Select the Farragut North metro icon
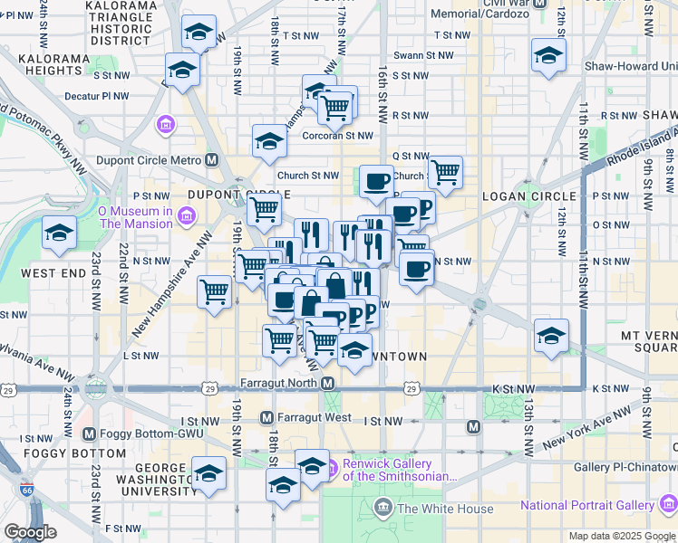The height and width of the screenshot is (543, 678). point(328,383)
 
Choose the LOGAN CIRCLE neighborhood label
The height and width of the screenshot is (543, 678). point(530,195)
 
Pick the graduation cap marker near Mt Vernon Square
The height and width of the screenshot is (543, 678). point(551,333)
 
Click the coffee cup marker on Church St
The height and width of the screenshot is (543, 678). point(376,180)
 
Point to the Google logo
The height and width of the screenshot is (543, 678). point(31,532)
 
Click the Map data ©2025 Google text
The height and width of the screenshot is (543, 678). point(621,536)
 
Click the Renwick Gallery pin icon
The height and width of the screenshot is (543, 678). point(332,469)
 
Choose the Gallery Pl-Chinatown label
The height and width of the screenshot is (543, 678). point(625,467)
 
